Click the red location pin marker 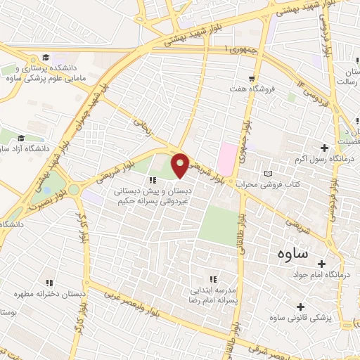pyautogui.click(x=181, y=165)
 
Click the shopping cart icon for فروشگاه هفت pyautogui.click(x=251, y=78)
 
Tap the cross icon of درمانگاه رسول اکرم pyautogui.click(x=324, y=148)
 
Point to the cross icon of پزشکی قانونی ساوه pyautogui.click(x=301, y=307)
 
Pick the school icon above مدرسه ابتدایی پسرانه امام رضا pyautogui.click(x=213, y=279)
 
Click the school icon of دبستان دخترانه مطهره pyautogui.click(x=49, y=282)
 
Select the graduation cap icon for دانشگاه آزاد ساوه pyautogui.click(x=21, y=138)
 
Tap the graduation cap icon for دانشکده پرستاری pyautogui.click(x=46, y=57)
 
